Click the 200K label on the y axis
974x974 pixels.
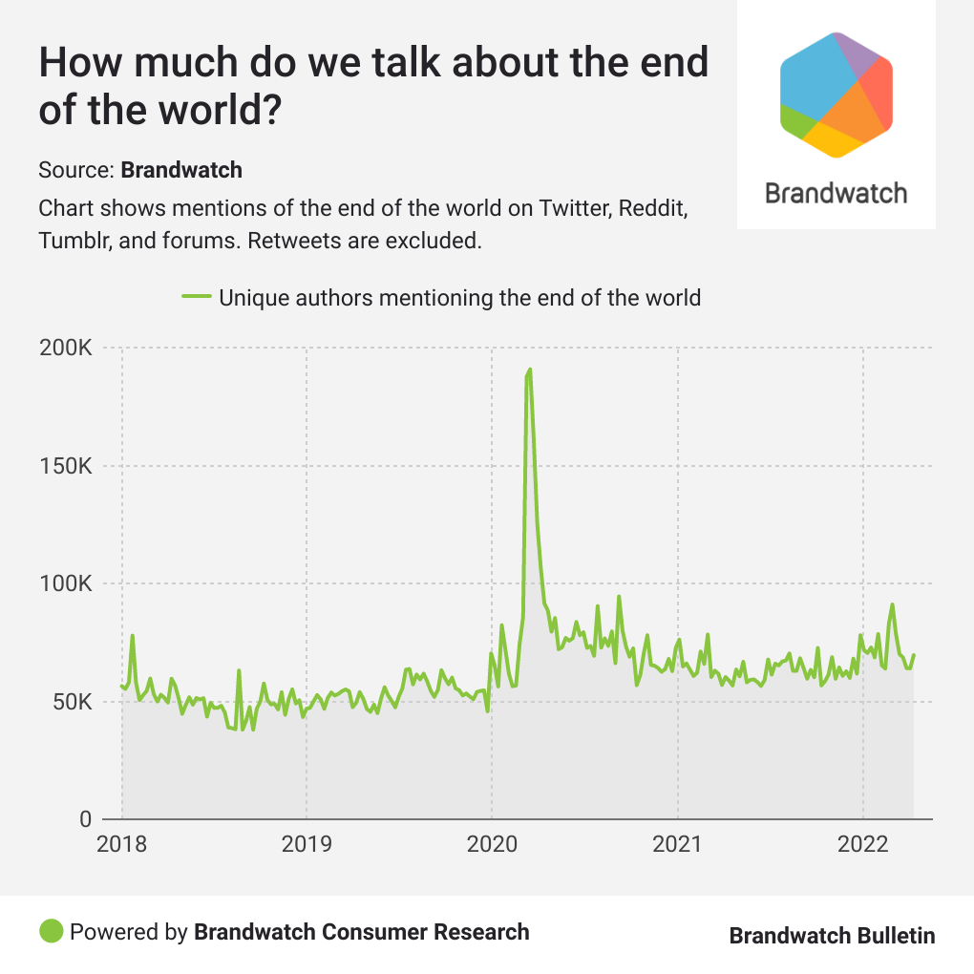point(65,349)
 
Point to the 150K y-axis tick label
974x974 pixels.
point(65,467)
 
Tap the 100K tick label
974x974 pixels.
point(65,584)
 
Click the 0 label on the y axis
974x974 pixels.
point(84,819)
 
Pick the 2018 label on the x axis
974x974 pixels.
point(121,845)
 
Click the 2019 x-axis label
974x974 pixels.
point(307,845)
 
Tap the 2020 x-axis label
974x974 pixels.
point(492,845)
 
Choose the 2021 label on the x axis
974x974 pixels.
point(678,845)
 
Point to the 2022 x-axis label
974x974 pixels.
point(863,845)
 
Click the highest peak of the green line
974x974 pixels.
point(530,370)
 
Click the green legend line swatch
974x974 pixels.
point(196,298)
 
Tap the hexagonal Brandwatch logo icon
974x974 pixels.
point(836,94)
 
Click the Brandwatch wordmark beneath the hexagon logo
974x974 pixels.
point(836,193)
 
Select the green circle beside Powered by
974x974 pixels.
point(51,931)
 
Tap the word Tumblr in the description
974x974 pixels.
point(74,240)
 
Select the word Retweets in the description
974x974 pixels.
point(290,240)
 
